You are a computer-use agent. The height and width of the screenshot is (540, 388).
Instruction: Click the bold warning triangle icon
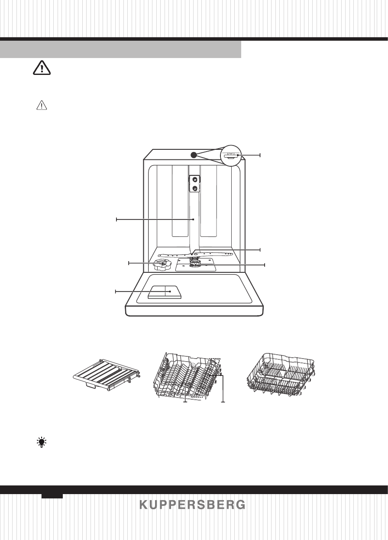point(42,68)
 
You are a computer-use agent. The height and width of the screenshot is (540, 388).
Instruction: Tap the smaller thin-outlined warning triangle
point(42,105)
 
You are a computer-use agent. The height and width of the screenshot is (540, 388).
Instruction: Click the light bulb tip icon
point(42,442)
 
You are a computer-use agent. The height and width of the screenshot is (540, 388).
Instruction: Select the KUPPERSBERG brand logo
point(192,504)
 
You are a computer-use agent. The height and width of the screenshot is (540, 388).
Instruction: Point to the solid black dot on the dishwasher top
point(194,155)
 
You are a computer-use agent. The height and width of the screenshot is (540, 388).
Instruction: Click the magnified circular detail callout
point(231,155)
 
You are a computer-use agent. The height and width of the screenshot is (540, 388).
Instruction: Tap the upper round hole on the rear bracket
point(194,180)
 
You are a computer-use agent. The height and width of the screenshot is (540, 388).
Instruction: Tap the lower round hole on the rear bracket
point(194,188)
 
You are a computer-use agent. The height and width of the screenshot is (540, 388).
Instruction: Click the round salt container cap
point(162,265)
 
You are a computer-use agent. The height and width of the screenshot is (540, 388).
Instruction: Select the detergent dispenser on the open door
point(164,292)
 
